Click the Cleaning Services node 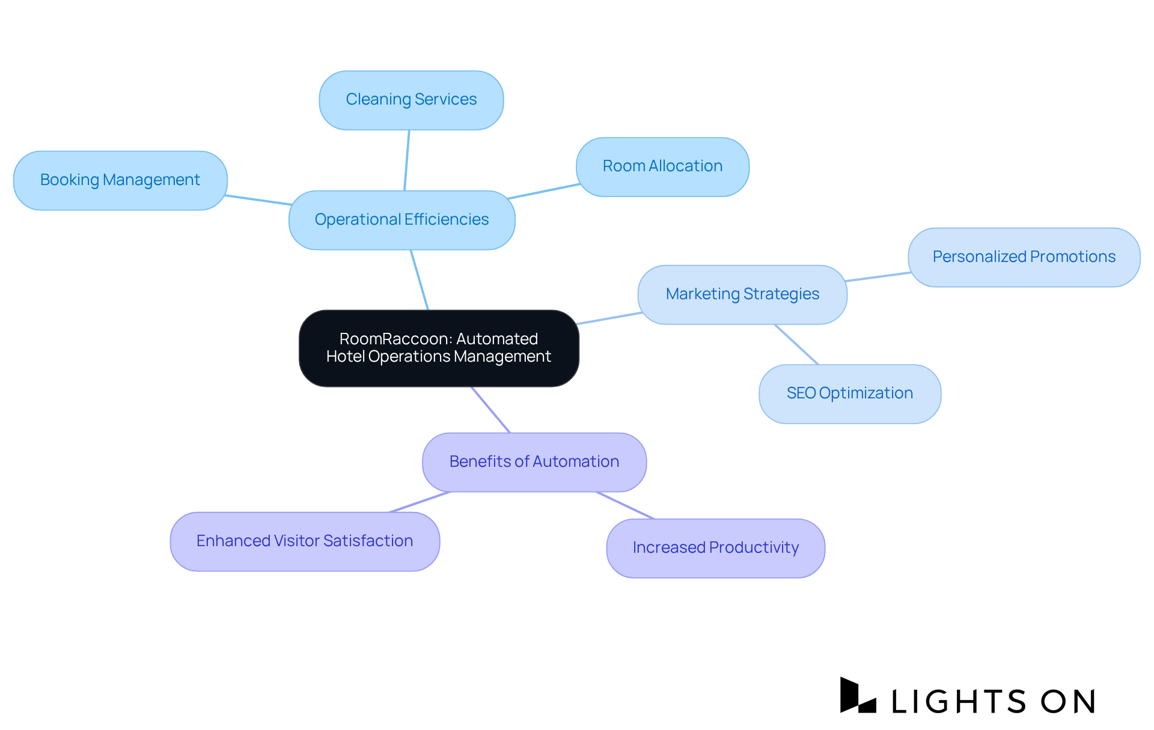coord(411,100)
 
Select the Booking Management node coord(120,180)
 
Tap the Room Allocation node coord(662,166)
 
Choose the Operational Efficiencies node coord(401,220)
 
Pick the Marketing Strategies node coord(742,294)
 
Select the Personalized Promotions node coord(1024,257)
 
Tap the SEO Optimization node coord(849,394)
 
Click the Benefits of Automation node coord(534,462)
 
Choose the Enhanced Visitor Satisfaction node coord(305,541)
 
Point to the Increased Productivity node coord(715,548)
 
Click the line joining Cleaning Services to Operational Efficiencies coord(407,160)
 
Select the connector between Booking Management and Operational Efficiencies coord(258,200)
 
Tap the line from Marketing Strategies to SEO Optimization coord(797,345)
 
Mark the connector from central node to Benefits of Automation coord(491,410)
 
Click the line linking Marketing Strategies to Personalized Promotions coord(878,277)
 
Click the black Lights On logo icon coord(858,696)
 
